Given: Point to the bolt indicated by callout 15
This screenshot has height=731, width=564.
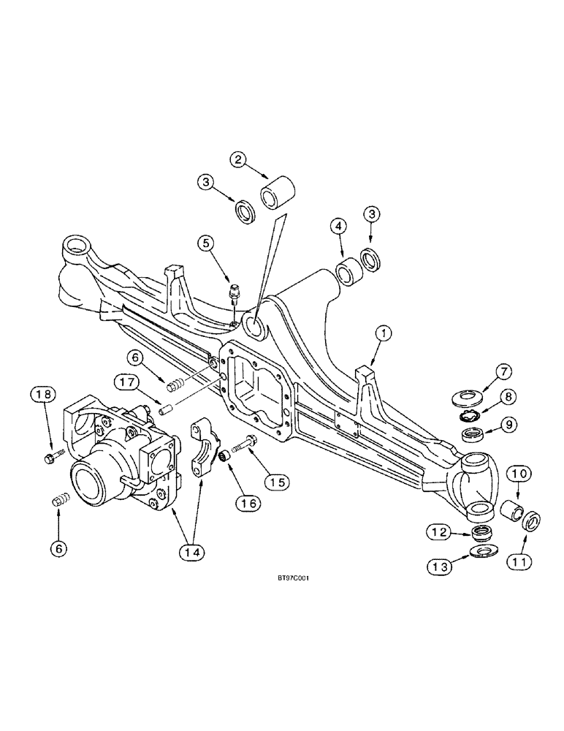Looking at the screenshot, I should tap(242, 444).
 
